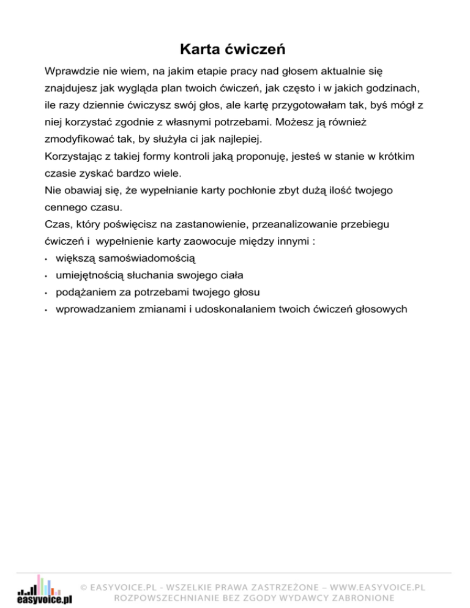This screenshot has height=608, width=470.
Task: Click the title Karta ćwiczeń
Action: pos(234,48)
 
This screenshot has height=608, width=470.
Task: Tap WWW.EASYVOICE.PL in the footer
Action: pos(375,587)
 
